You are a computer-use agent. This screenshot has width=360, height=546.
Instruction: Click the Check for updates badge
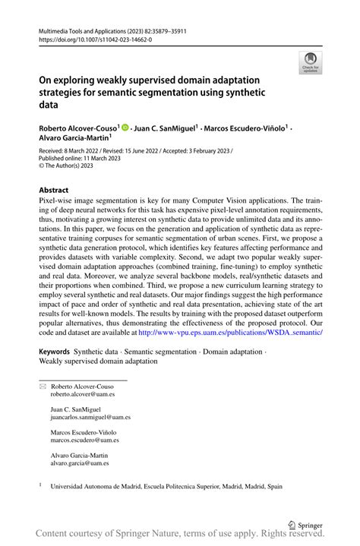(310, 62)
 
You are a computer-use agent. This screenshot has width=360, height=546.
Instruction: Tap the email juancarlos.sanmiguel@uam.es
(90, 417)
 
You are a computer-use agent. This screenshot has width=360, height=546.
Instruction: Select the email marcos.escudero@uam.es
(84, 440)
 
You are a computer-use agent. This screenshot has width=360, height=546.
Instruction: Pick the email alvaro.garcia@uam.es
(80, 462)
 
